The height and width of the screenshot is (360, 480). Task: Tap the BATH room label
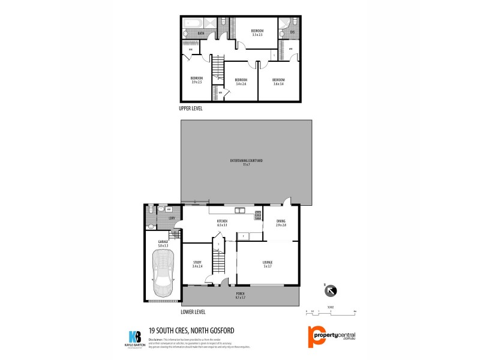[201, 34]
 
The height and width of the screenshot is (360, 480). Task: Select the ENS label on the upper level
[292, 32]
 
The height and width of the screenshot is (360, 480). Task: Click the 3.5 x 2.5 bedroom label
[257, 32]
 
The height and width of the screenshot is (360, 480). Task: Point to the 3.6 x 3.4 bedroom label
[278, 82]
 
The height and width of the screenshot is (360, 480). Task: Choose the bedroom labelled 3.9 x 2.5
[197, 80]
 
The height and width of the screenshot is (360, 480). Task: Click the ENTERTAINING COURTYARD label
[247, 162]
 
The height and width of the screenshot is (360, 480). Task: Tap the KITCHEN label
[223, 223]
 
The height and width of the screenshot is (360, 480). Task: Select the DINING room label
[281, 223]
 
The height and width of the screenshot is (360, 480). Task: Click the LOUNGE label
[268, 263]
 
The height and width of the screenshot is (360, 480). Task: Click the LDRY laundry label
[172, 218]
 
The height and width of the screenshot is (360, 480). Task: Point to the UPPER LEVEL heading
[191, 109]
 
